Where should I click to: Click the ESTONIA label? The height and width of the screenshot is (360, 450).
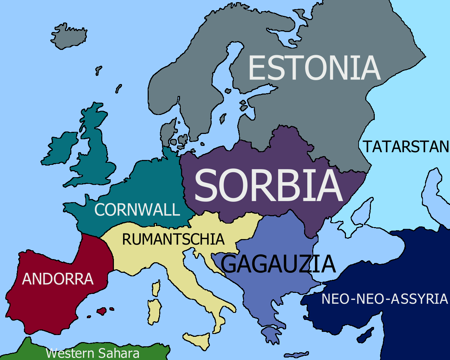(x=314, y=68)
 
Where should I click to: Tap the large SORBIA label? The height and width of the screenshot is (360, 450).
(x=268, y=185)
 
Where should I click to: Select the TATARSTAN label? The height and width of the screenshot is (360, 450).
(x=406, y=147)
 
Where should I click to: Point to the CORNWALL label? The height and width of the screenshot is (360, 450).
(x=137, y=210)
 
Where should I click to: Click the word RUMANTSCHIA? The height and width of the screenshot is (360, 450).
(x=173, y=239)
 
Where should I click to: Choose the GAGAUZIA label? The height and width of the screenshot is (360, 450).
(x=278, y=264)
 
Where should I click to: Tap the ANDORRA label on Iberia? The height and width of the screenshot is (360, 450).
(x=58, y=279)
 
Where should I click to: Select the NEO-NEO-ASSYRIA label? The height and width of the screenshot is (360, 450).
(x=385, y=299)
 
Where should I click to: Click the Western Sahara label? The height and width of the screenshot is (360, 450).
(x=92, y=353)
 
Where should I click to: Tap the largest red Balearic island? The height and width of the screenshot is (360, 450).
(x=102, y=311)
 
